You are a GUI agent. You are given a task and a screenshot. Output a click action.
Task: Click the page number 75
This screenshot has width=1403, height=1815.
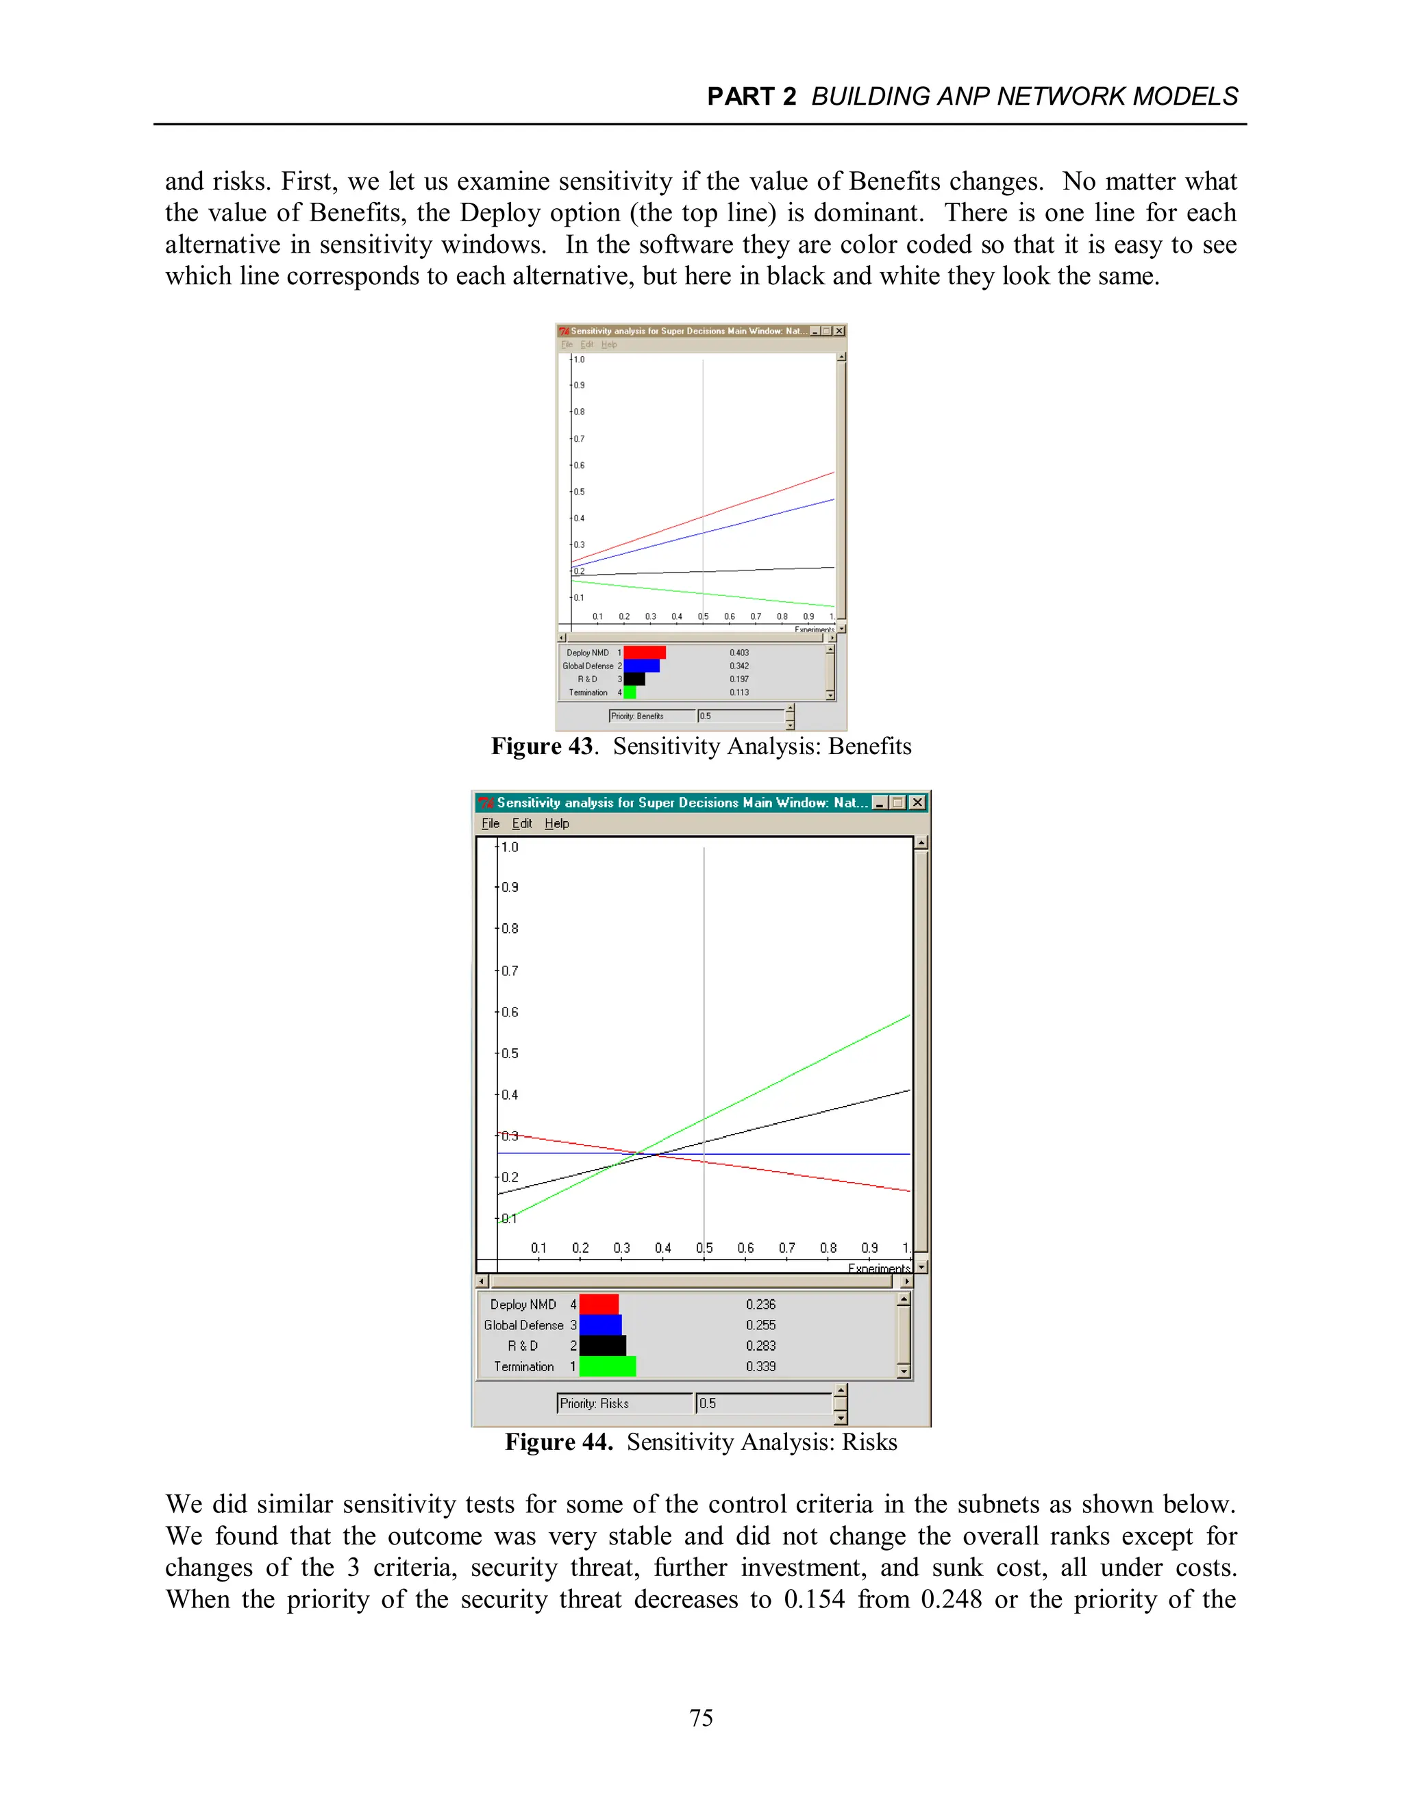701,1717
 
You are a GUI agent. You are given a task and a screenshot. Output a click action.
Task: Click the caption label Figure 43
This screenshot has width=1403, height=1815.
542,747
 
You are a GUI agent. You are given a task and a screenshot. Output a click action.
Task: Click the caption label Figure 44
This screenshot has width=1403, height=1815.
558,1442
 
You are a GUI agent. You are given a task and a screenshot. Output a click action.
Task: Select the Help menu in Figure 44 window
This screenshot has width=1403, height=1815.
557,823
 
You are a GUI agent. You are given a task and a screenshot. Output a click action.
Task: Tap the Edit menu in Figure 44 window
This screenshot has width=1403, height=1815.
522,823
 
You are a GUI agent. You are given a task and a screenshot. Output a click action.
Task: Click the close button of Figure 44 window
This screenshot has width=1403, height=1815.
917,802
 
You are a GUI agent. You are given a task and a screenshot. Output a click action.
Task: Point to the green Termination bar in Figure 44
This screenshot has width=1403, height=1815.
608,1366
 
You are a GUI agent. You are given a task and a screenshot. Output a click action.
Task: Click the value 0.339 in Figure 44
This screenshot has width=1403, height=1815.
760,1366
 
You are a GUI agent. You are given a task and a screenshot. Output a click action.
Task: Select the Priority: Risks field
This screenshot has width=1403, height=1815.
623,1403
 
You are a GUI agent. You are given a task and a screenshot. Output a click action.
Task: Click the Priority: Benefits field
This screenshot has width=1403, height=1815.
651,716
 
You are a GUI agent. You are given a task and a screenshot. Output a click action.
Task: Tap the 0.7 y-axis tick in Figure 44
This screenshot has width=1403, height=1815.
509,971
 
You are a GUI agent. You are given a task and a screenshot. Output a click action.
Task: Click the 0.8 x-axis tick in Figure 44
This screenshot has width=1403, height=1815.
828,1248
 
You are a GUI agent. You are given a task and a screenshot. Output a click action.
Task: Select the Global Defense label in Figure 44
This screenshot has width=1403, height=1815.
523,1325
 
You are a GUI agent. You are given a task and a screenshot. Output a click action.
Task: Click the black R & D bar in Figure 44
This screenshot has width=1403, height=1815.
603,1345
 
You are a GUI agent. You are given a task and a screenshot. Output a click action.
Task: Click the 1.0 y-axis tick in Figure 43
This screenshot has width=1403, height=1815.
578,360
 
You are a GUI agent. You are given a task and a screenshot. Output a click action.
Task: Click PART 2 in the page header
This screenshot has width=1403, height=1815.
752,97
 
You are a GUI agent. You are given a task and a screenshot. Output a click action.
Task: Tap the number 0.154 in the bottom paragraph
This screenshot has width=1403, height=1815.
814,1599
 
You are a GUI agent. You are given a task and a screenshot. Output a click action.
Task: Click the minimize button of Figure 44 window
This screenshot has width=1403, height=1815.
880,802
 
